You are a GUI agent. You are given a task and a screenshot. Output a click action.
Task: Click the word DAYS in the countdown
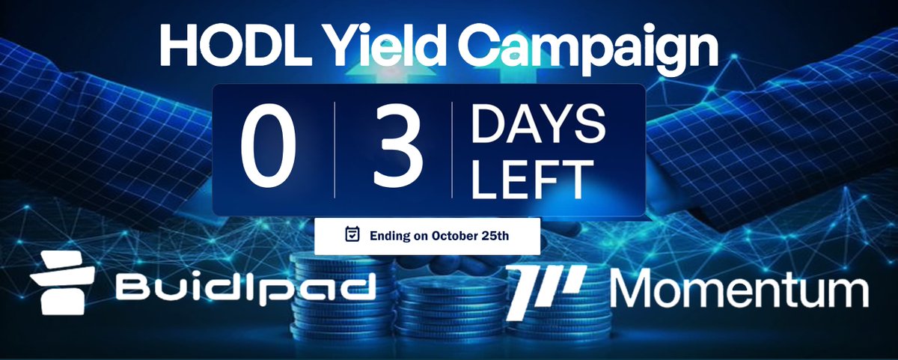coord(537,123)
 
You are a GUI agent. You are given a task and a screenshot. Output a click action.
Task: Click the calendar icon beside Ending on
coord(352,235)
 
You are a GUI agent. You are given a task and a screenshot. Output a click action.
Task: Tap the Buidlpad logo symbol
coord(62,282)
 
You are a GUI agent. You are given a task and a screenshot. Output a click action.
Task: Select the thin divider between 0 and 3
coord(335,150)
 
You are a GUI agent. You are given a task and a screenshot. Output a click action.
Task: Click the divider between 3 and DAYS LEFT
coord(452,150)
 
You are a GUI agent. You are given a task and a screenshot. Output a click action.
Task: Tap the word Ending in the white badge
coord(390,236)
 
